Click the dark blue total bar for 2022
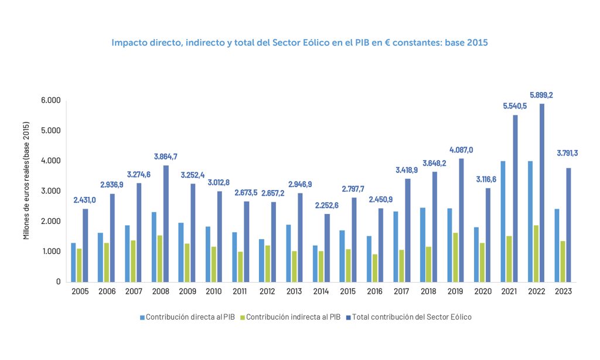[542, 193]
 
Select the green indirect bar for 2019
[455, 257]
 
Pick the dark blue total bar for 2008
[166, 223]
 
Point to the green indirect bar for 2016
[374, 268]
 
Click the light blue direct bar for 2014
[315, 264]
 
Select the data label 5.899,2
[541, 94]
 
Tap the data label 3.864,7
[166, 157]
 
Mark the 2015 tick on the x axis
[348, 291]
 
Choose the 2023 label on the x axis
[562, 291]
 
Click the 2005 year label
[80, 291]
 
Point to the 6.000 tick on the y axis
[51, 100]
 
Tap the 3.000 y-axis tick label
[51, 191]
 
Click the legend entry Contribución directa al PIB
[187, 317]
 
